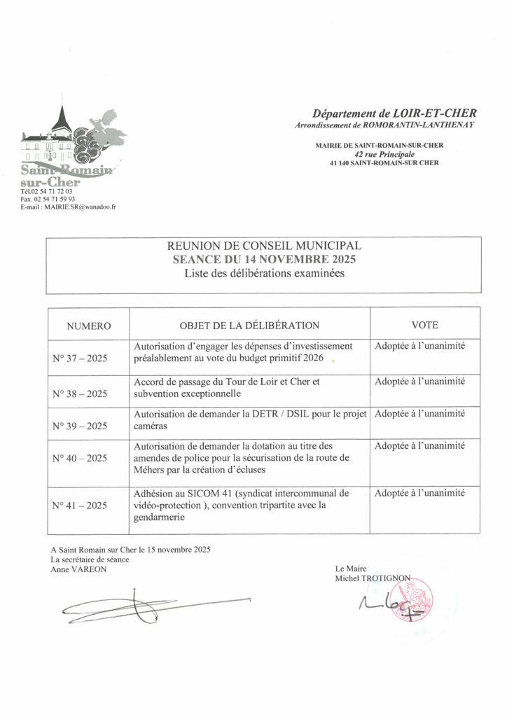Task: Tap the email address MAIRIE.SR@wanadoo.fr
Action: coord(68,207)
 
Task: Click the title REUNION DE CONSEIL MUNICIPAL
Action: coord(264,246)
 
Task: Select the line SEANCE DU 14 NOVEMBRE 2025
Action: coord(264,260)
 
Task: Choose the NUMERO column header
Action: coord(89,326)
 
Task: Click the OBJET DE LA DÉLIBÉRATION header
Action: coord(249,326)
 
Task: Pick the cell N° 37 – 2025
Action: coord(79,359)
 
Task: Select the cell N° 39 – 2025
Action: coord(79,426)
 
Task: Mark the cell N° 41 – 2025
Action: coord(79,506)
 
